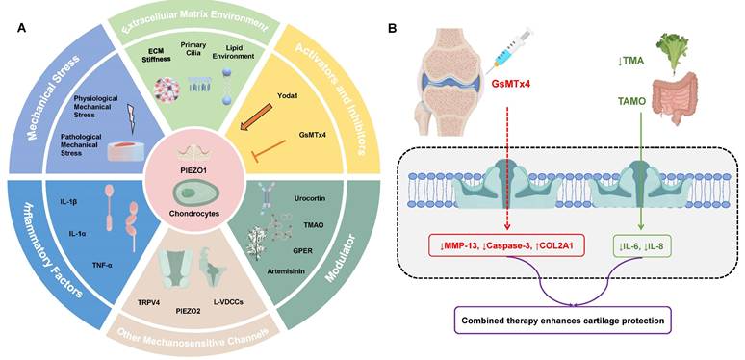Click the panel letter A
(24, 26)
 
